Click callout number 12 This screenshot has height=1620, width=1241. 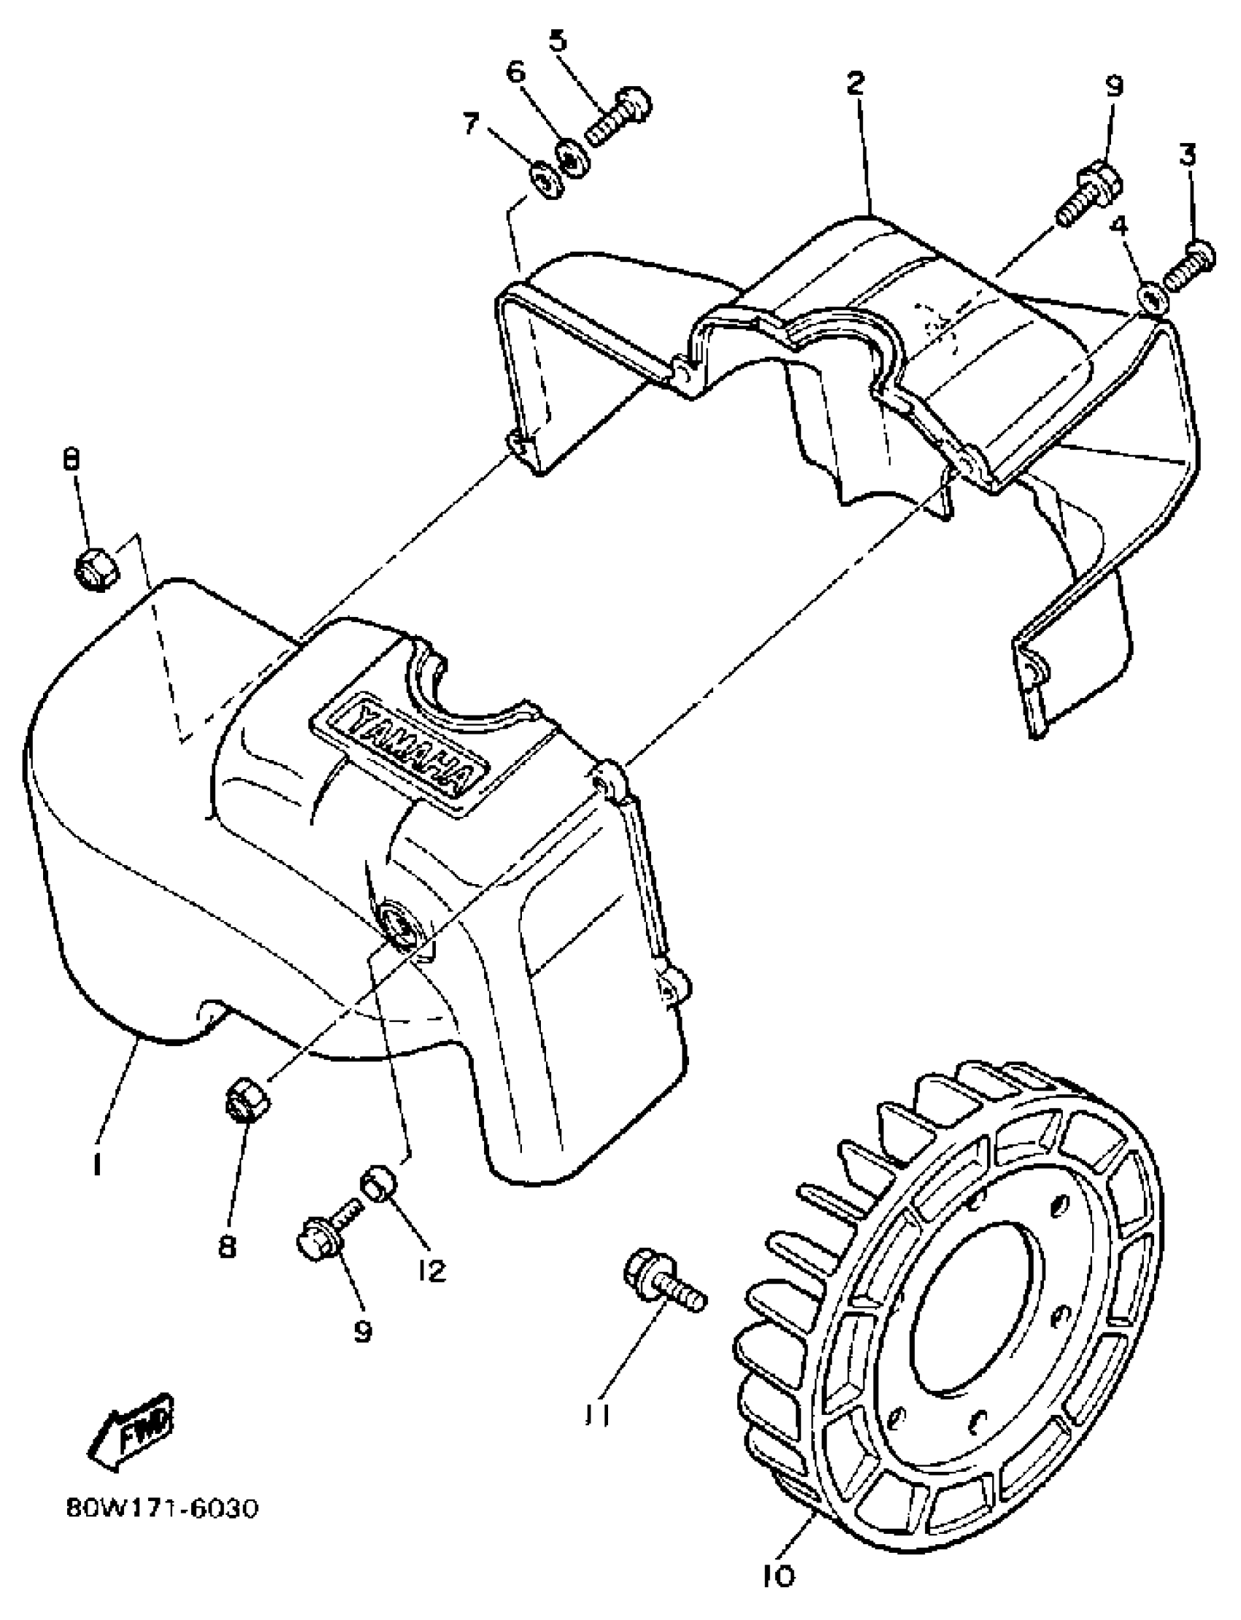point(431,1270)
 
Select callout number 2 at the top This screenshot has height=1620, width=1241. point(855,82)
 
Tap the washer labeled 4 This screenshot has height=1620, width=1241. point(1153,297)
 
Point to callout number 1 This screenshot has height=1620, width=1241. point(96,1165)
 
